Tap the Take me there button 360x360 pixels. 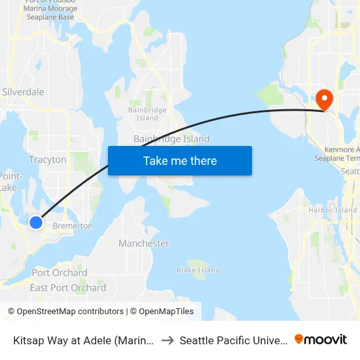pos(180,160)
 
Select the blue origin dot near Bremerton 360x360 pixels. pos(36,223)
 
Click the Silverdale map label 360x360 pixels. pos(23,92)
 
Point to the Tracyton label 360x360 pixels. pos(48,160)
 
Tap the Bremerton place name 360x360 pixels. pos(73,226)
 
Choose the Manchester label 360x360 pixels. pos(144,243)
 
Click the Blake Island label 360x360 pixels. pos(198,270)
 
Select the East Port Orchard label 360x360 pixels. pos(68,288)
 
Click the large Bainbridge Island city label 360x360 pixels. pos(171,139)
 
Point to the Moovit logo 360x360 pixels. pos(321,339)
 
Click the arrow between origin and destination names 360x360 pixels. pos(167,340)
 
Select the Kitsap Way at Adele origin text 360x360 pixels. pos(84,340)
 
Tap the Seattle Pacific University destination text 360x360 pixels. pos(233,340)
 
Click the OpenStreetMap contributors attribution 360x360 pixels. pos(65,312)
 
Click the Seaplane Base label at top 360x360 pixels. pos(48,17)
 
